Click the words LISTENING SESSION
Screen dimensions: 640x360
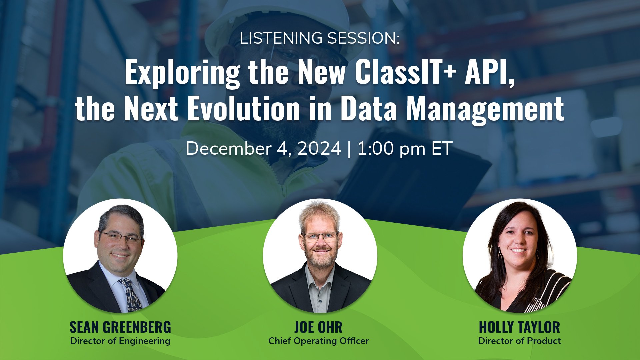point(319,38)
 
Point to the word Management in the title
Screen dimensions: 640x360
point(485,110)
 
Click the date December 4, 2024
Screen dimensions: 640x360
point(263,149)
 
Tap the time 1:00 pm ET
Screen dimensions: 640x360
point(405,149)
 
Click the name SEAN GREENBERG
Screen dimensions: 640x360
point(120,327)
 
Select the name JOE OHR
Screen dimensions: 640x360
point(318,327)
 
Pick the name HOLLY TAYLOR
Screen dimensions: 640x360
point(519,327)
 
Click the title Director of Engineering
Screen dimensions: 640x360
point(120,341)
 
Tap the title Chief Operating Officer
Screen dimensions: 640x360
point(319,341)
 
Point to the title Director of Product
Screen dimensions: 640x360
point(519,341)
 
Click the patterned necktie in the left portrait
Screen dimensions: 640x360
point(132,295)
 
